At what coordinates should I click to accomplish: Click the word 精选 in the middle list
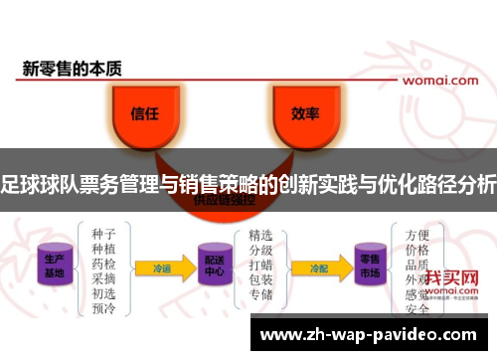[261, 235]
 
